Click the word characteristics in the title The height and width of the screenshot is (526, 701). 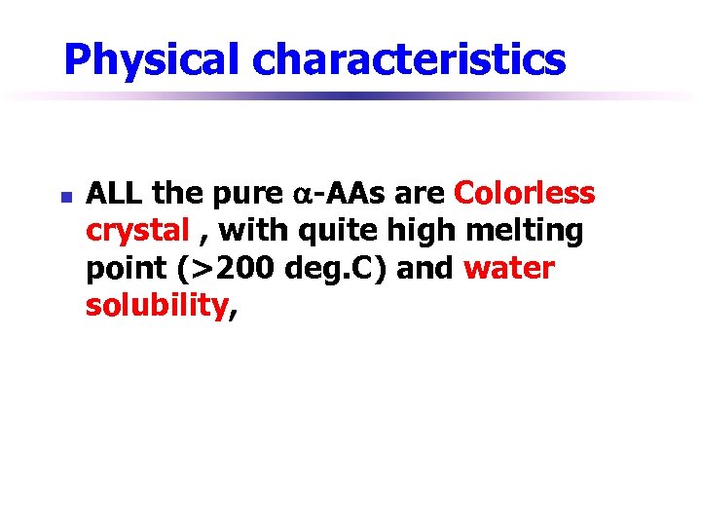pyautogui.click(x=409, y=60)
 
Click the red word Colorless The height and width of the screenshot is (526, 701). pyautogui.click(x=525, y=194)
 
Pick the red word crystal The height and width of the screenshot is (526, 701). pyautogui.click(x=137, y=232)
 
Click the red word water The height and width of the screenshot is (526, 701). pyautogui.click(x=509, y=269)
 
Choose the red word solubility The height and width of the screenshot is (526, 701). pyautogui.click(x=156, y=306)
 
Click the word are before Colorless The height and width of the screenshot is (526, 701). pyautogui.click(x=421, y=195)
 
